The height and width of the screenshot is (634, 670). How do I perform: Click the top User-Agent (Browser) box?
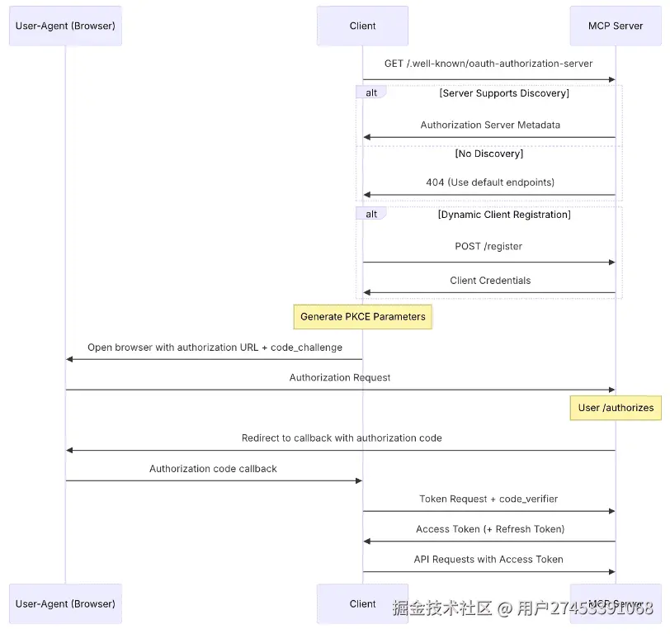tap(65, 26)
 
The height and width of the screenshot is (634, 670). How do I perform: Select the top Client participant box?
tap(362, 26)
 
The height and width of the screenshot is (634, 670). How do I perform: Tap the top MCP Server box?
tap(615, 26)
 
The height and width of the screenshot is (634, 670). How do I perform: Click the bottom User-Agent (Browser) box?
tap(65, 603)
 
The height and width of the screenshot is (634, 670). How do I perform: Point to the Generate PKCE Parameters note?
tap(362, 316)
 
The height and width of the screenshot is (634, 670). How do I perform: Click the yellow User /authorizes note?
tap(615, 407)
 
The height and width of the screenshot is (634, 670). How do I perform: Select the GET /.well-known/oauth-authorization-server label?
tap(488, 64)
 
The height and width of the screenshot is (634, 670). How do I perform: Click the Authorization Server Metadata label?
tap(490, 125)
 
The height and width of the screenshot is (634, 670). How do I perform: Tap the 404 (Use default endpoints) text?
tap(490, 182)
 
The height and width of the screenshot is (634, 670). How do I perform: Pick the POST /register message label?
tap(488, 246)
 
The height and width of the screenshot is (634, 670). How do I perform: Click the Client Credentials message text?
tap(490, 281)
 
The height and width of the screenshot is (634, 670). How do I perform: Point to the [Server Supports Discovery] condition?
tap(503, 93)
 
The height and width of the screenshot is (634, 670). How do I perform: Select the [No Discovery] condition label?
tap(488, 154)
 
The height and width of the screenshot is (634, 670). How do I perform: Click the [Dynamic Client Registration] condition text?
tap(503, 215)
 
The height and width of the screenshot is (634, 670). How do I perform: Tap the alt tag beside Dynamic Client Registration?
tap(371, 215)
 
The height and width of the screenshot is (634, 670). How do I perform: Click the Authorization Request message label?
tap(340, 377)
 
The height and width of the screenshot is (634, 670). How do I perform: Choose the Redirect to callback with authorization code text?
tap(342, 438)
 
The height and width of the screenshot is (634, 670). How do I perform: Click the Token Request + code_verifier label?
tap(488, 499)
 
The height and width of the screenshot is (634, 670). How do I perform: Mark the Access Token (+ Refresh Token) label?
tap(490, 529)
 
